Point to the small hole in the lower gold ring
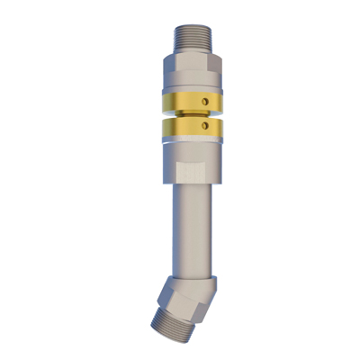click(x=206, y=127)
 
